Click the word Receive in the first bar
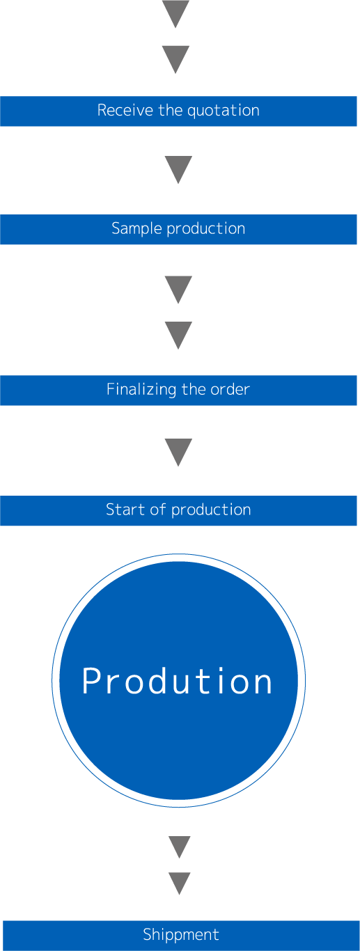[125, 111]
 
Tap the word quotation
[224, 111]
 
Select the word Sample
[137, 229]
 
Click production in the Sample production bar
[206, 229]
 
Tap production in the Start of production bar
[211, 510]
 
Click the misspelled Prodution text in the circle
[177, 681]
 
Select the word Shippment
[181, 934]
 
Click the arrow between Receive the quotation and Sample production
[178, 170]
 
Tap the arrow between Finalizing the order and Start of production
[178, 453]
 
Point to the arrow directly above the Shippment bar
[180, 883]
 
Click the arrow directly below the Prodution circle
[180, 847]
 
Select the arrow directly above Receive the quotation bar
[175, 60]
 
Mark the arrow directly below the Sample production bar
[178, 290]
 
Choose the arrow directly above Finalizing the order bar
[178, 336]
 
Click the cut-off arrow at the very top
[175, 14]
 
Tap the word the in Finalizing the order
[194, 389]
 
